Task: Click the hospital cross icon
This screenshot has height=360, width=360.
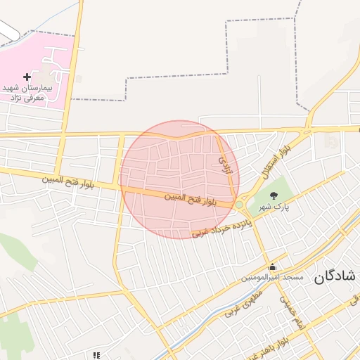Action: point(27,76)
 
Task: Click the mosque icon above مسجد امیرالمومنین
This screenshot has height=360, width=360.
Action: point(272,266)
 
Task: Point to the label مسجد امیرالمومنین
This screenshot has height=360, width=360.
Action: point(272,278)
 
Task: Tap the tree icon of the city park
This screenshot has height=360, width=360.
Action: point(274,195)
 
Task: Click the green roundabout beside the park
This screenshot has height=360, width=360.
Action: point(239,205)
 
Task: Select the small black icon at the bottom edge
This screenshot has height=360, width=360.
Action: point(96,356)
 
